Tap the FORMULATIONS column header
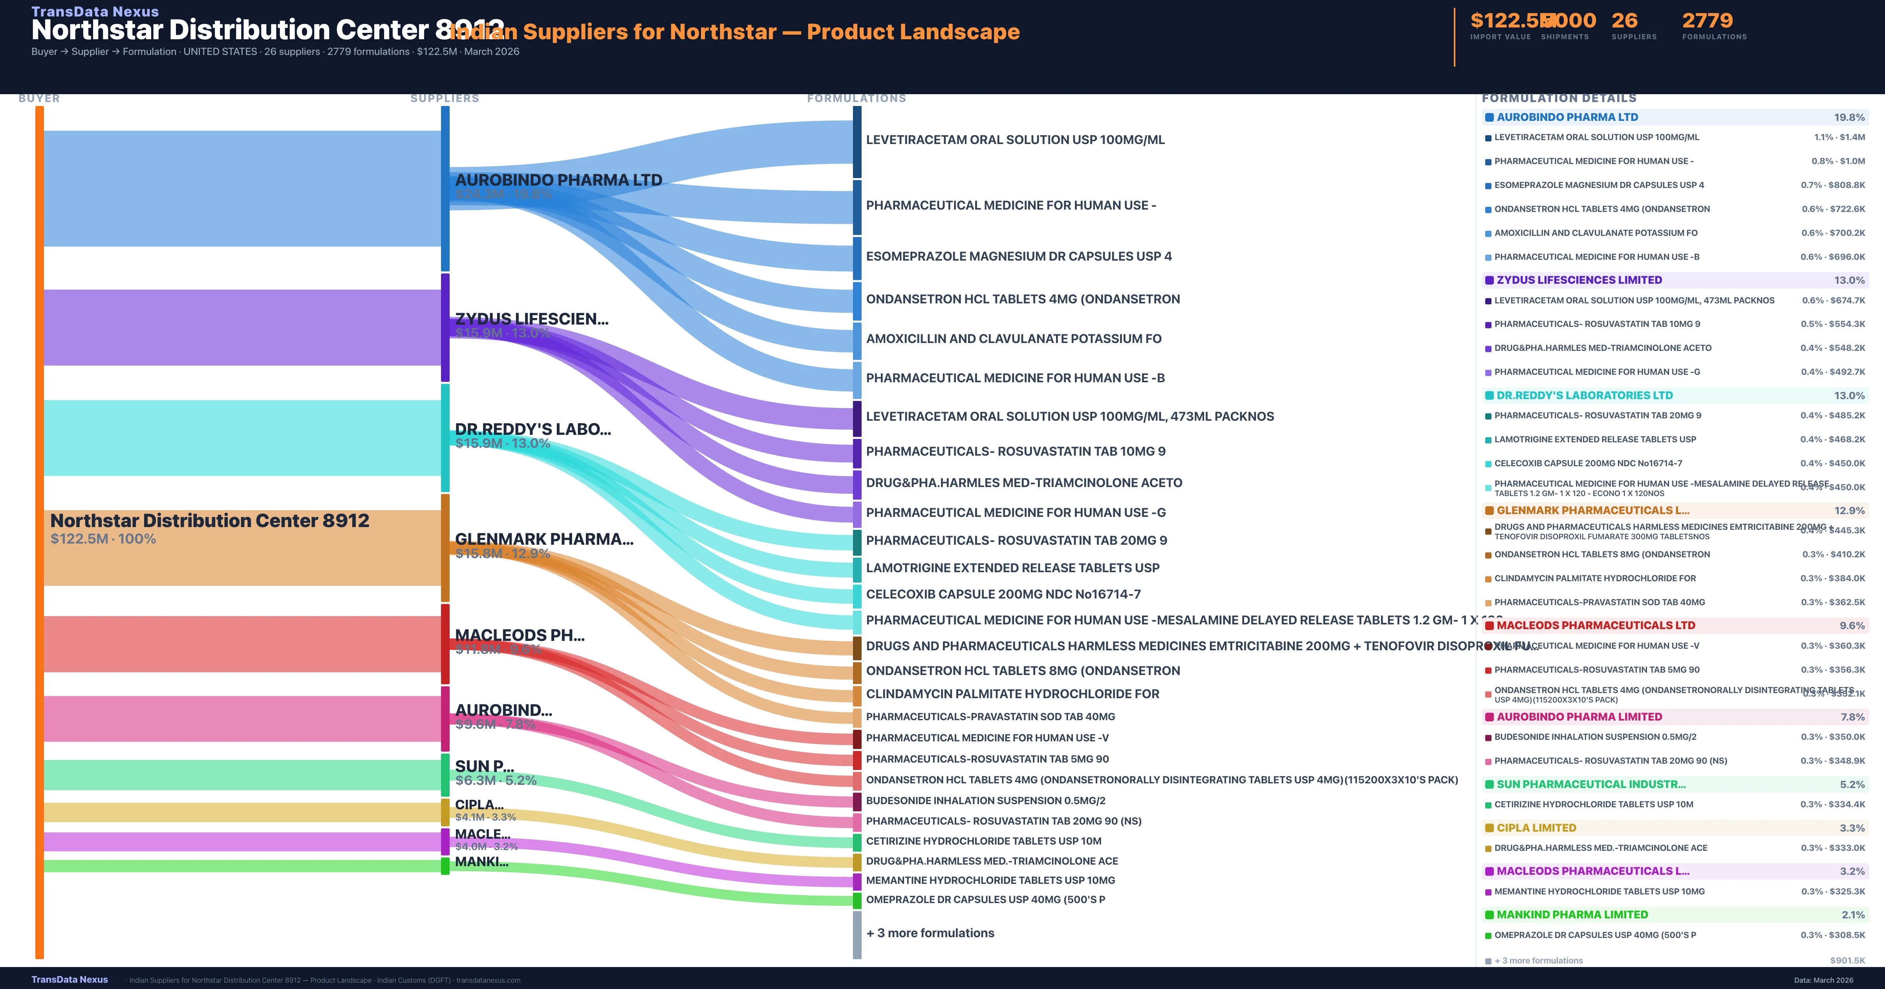[x=856, y=98]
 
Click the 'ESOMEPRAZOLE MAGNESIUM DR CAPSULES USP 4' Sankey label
[x=1019, y=256]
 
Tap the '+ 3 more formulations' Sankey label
[x=929, y=932]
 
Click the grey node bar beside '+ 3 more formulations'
[x=857, y=934]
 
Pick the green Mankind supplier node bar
[x=445, y=866]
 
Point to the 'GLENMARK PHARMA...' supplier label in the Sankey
[x=544, y=539]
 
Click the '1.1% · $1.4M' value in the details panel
[x=1839, y=137]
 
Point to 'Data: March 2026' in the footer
[x=1823, y=980]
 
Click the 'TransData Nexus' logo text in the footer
[x=70, y=980]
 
